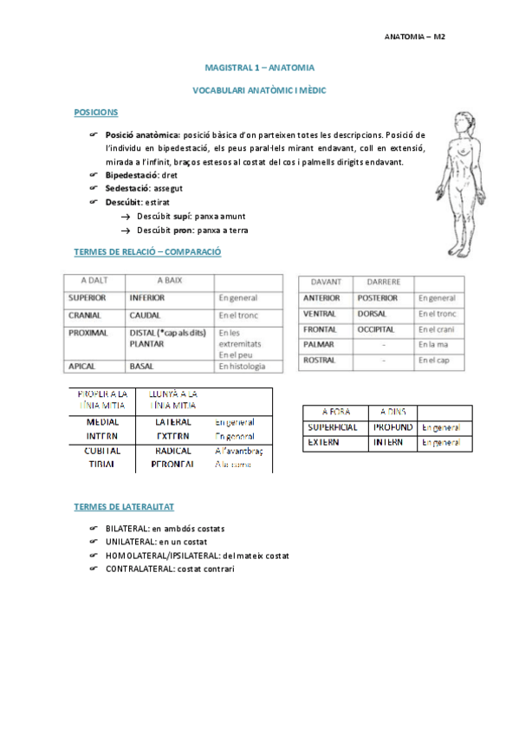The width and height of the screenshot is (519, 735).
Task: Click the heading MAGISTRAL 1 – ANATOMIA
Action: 259,67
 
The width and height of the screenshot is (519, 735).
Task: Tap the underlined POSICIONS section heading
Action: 96,113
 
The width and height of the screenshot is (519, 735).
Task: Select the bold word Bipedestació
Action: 132,175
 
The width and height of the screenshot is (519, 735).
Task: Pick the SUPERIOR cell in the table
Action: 87,296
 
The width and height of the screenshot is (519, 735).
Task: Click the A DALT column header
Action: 94,281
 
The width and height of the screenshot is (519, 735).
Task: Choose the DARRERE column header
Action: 382,282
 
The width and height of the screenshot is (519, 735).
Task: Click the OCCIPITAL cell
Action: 374,330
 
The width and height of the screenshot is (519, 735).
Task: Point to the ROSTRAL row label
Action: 320,360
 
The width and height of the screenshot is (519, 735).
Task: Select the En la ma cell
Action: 432,346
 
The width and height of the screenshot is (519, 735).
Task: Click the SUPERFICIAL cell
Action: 334,427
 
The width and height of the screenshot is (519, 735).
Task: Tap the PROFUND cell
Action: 392,427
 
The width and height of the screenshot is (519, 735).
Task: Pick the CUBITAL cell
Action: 103,451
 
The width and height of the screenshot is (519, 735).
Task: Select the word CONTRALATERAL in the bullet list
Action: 138,569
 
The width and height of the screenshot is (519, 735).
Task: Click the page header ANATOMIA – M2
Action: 414,37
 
